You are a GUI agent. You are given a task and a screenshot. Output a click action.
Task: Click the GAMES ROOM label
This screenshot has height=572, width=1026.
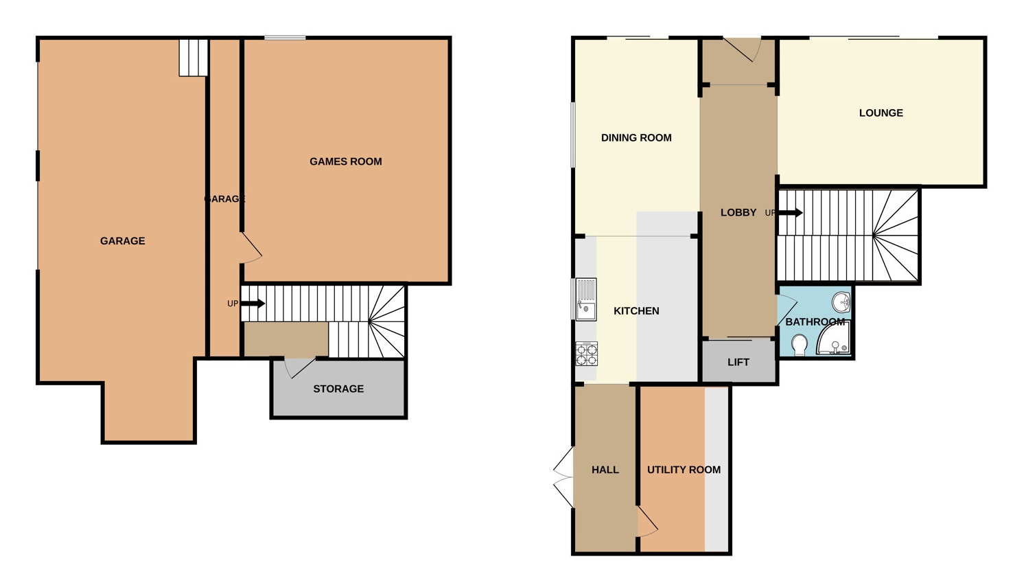(x=345, y=161)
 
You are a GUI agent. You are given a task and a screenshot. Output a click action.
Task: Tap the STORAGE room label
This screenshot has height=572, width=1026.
(x=338, y=389)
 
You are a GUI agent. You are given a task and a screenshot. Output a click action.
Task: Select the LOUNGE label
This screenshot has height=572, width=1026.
(x=881, y=113)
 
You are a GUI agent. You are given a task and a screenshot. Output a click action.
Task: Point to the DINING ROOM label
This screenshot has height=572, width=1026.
(x=636, y=137)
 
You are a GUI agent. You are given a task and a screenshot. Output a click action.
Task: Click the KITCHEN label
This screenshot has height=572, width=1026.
(x=636, y=311)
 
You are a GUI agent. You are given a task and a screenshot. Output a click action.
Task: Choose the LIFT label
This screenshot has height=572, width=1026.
(x=738, y=362)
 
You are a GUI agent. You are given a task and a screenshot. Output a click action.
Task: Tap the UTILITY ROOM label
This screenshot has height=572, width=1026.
(x=684, y=470)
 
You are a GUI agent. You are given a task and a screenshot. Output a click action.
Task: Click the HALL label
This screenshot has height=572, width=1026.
(x=605, y=470)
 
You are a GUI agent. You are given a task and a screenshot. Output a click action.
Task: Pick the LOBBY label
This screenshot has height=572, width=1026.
(x=738, y=213)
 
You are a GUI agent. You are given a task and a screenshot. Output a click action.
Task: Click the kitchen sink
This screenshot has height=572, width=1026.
(x=586, y=299)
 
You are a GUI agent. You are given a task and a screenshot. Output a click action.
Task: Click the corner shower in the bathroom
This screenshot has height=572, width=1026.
(x=835, y=339)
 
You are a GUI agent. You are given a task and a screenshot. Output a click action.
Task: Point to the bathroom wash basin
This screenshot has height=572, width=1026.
(x=841, y=301)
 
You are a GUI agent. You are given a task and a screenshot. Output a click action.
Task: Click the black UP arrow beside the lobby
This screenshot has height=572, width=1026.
(x=790, y=213)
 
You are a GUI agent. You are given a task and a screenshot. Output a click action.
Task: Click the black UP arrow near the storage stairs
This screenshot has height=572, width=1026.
(x=253, y=304)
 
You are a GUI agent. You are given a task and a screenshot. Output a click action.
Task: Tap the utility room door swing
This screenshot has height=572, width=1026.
(x=646, y=522)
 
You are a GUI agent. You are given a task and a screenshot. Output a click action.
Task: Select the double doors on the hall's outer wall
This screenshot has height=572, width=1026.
(x=563, y=477)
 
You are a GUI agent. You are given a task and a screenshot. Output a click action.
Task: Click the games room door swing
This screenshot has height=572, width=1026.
(x=251, y=248)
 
